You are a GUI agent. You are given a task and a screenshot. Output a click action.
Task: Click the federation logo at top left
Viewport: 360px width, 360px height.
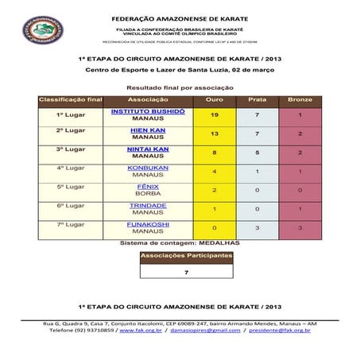[x=37, y=30]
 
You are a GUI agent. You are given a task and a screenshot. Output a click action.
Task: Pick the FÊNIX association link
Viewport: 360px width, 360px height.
[x=148, y=187]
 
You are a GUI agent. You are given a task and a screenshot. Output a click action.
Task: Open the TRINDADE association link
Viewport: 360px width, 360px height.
[x=148, y=205]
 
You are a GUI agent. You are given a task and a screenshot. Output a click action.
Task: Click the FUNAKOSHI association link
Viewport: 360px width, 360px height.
[x=148, y=224]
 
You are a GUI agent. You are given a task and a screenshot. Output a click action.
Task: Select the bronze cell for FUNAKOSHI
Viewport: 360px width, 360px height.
[x=300, y=228]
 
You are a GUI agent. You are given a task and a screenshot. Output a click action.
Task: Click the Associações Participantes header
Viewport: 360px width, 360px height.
[x=186, y=257]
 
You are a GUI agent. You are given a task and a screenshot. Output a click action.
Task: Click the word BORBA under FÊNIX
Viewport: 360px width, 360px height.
[x=148, y=194]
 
